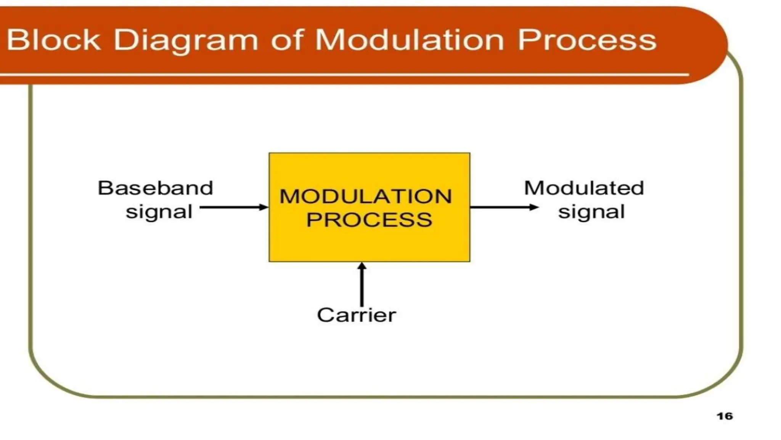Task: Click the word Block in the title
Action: (54, 40)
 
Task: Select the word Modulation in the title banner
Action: (409, 40)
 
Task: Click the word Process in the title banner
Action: (587, 40)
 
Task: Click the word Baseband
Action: (155, 188)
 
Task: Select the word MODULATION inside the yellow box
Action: (366, 197)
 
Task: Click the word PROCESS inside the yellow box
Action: (369, 220)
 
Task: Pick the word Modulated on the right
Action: (584, 188)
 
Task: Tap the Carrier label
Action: (356, 315)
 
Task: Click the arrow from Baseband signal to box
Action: (233, 207)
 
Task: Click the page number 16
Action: (725, 416)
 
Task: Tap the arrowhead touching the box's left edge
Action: (264, 207)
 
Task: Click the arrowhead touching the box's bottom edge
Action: (362, 266)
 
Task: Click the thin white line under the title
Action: (343, 74)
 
